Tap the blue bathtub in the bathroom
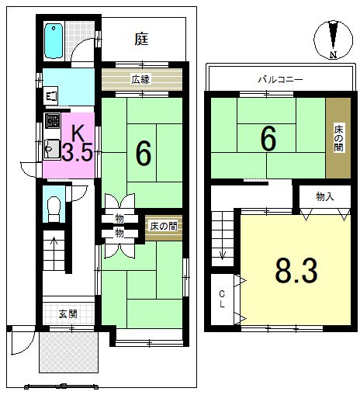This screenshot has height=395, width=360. tap(54, 40)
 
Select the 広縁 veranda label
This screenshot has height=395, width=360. tap(140, 79)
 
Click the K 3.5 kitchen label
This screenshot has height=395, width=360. tap(77, 144)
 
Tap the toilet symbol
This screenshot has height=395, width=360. tap(54, 206)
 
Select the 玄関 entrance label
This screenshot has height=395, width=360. tap(67, 314)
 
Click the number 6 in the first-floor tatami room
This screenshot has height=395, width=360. tap(143, 154)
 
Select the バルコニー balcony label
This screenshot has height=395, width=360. tap(280, 79)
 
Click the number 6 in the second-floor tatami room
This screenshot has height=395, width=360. tap(268, 139)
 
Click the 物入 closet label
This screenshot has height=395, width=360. tap(324, 197)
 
